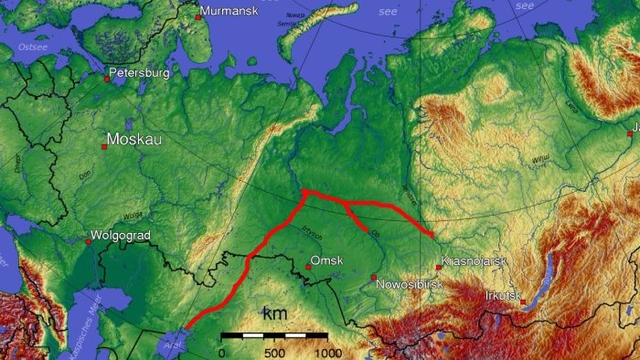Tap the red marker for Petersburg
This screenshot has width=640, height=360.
coord(107,79)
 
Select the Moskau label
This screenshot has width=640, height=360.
coord(135,140)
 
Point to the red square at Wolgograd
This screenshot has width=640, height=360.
coord(89,242)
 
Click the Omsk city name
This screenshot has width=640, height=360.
coord(327,260)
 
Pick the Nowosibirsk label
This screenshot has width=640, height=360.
coord(411,285)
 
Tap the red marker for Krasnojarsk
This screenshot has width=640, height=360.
coord(439,268)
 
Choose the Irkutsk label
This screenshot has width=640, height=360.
coord(504,295)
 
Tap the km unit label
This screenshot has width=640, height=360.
coord(274,314)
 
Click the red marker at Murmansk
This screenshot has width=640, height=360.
coord(198,16)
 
